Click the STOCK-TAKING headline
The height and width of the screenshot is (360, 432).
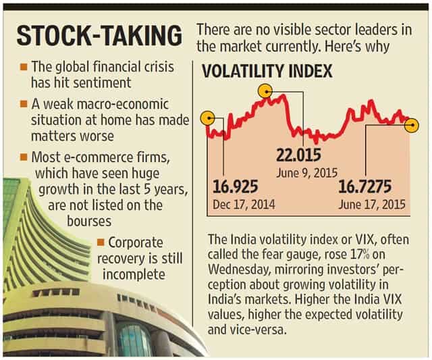[99, 36]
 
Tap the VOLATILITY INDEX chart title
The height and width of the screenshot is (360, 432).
[267, 71]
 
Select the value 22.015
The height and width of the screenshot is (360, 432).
[298, 155]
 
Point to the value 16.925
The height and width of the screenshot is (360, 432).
[236, 186]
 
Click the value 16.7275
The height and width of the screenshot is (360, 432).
[364, 186]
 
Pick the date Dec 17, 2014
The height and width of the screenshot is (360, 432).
[244, 205]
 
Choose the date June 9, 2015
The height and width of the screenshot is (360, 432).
[307, 173]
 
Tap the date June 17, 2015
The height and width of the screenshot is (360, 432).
[372, 205]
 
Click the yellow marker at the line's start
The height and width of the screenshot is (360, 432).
[209, 118]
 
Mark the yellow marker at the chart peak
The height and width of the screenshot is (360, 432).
[265, 91]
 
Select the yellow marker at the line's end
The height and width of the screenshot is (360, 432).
[412, 126]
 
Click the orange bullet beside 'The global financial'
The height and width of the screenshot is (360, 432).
[24, 67]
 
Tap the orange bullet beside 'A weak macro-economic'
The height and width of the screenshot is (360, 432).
[24, 104]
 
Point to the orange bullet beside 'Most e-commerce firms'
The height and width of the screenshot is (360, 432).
[24, 157]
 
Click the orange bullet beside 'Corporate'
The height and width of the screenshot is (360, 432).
[101, 242]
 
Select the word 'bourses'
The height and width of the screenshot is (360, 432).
[89, 221]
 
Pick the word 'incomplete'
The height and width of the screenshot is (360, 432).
[134, 274]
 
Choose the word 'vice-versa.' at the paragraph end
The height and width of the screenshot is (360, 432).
[247, 330]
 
